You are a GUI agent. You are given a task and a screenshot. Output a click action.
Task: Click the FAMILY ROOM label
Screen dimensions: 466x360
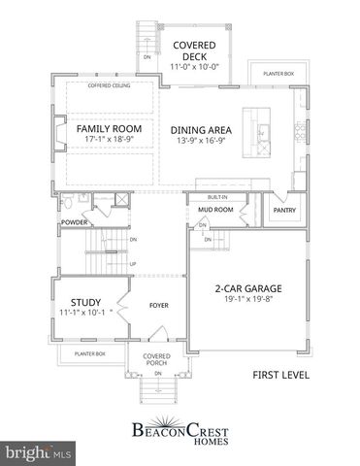coord(109,128)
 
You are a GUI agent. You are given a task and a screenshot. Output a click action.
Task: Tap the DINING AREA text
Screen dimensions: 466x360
coord(205,129)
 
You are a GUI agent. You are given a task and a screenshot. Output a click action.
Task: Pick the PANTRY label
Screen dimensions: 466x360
coord(284,210)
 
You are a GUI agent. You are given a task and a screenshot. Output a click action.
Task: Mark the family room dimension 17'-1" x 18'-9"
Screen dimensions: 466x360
coord(109,140)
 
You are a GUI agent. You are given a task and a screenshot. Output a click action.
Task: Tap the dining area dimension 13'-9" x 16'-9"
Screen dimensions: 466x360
coord(205,141)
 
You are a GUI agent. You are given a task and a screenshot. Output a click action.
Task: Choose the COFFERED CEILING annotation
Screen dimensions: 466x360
coord(108,86)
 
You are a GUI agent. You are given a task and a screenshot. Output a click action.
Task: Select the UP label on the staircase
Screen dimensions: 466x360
coord(133,262)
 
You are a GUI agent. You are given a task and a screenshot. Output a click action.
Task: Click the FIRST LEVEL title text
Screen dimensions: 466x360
coord(286,374)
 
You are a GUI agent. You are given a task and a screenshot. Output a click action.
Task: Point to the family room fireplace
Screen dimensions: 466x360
coord(59,134)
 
